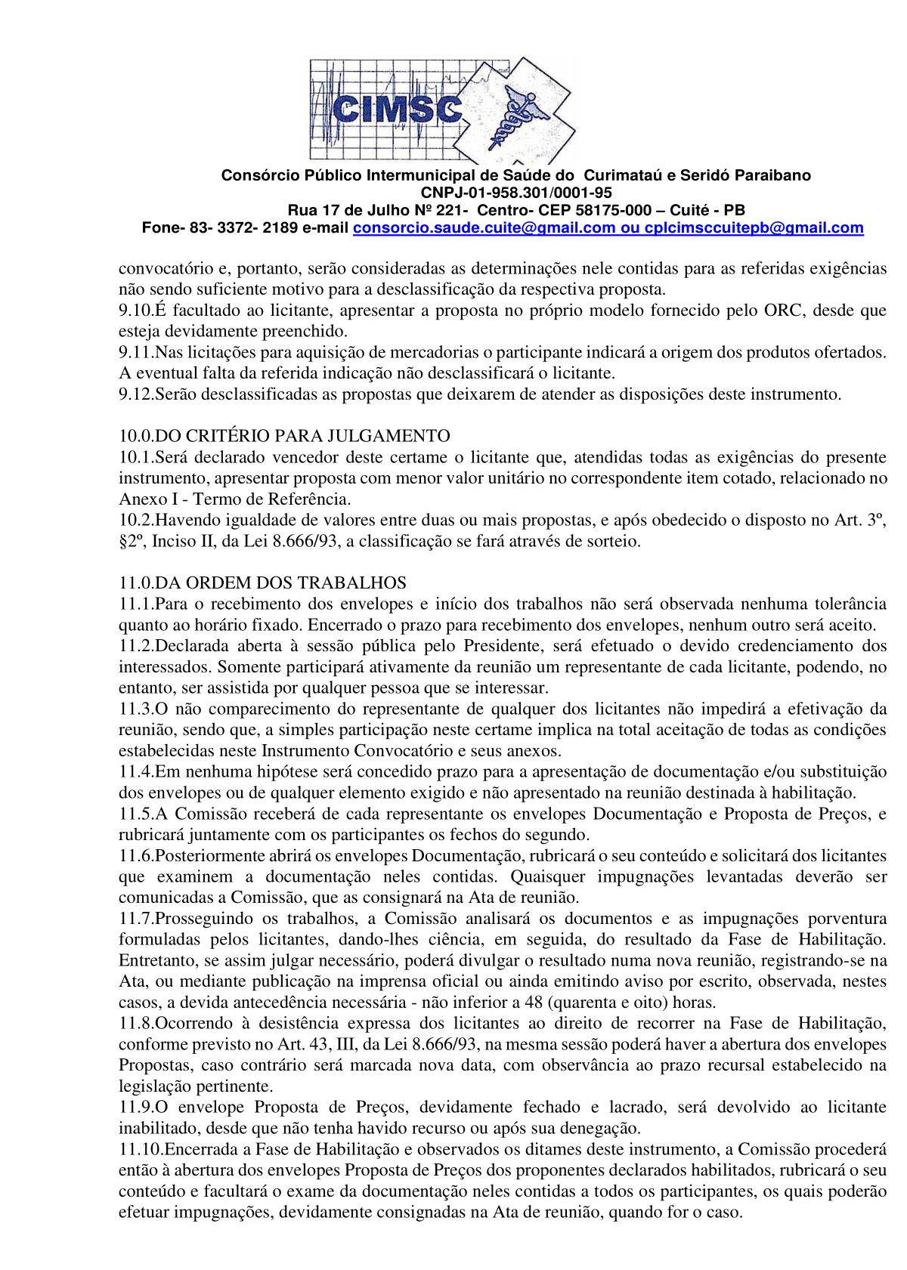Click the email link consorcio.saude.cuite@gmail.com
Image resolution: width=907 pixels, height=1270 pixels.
pyautogui.click(x=484, y=228)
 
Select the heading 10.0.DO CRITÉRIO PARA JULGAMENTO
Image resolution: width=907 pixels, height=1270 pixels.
pyautogui.click(x=284, y=436)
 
